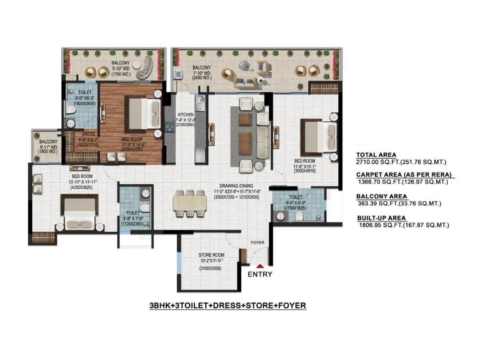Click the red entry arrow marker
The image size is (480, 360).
tap(260, 265)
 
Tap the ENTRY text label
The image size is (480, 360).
tap(260, 274)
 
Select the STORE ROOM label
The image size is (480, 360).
tap(211, 255)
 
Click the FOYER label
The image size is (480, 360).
tap(257, 243)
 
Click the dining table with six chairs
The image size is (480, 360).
tap(190, 203)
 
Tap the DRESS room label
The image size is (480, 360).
tap(88, 134)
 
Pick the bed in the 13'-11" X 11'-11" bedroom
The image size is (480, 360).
tap(80, 212)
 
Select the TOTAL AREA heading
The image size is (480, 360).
tap(376, 155)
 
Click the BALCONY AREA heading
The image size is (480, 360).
tap(382, 196)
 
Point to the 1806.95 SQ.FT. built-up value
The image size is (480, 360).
tap(403, 225)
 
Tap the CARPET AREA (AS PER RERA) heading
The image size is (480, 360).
tap(404, 175)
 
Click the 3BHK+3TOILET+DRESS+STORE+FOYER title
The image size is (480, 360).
tap(228, 306)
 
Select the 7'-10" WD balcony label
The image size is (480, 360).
tap(202, 73)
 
